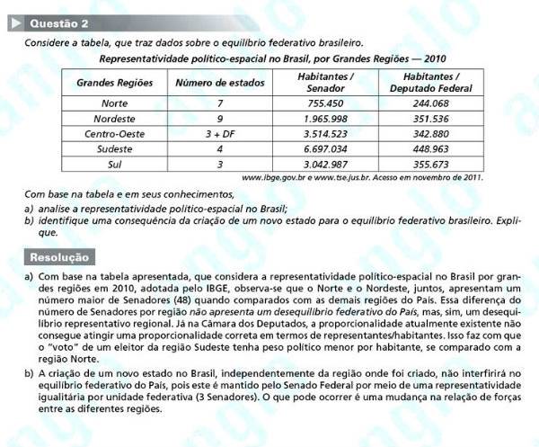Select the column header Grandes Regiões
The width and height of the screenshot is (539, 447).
[x=115, y=84]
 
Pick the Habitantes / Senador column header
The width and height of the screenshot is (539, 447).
[x=325, y=84]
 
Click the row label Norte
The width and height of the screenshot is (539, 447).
[x=115, y=103]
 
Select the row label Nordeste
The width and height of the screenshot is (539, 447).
[x=115, y=119]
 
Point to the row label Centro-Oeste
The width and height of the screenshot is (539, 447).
[x=115, y=134]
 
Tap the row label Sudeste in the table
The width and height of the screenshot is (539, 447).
[x=115, y=149]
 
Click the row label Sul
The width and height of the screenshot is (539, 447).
[x=115, y=165]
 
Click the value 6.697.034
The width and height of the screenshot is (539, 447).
[x=325, y=149]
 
